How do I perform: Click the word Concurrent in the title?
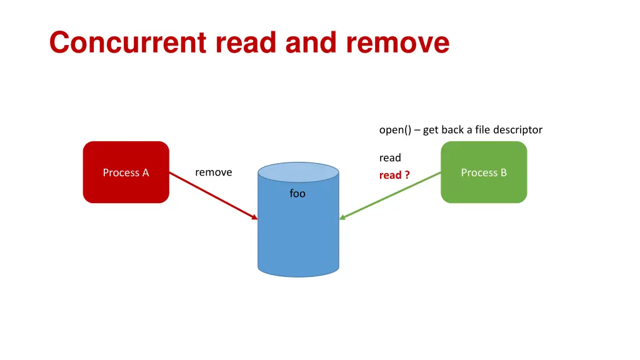[x=128, y=43]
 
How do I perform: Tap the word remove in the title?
[x=397, y=43]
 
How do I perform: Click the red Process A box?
[x=126, y=187]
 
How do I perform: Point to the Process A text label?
[x=126, y=172]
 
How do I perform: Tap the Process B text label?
[x=484, y=172]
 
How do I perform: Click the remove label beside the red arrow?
[x=213, y=172]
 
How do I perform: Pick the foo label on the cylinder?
[x=297, y=194]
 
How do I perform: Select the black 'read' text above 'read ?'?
[x=390, y=157]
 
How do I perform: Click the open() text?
[x=395, y=130]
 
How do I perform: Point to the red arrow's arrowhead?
[x=255, y=217]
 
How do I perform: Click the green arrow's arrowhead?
[x=342, y=217]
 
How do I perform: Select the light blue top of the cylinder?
[x=298, y=171]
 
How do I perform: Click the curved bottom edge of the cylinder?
[x=298, y=276]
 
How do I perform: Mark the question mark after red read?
[x=407, y=175]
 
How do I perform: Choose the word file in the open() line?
[x=482, y=130]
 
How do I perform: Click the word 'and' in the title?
[x=308, y=43]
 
